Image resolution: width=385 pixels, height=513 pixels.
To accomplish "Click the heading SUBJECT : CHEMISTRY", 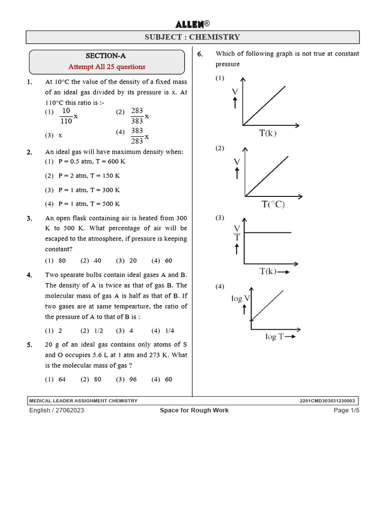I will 192,37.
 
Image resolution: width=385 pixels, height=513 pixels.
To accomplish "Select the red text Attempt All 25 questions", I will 107,67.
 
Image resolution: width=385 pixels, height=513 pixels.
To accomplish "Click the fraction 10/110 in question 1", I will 66,116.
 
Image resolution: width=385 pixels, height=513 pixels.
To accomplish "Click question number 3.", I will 30,218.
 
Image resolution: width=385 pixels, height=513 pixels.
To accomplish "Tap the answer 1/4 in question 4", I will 169,331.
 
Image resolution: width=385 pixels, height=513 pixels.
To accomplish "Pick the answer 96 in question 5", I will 133,379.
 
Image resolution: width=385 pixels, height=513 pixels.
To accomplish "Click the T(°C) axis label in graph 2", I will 273,204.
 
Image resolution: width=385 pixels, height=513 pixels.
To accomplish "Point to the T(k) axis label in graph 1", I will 268,133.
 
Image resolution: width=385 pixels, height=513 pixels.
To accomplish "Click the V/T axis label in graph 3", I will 237,233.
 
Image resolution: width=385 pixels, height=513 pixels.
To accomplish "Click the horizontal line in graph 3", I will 268,232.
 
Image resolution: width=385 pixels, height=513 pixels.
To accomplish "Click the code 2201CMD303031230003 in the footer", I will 327,401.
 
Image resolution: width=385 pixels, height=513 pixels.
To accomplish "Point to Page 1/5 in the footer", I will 346,410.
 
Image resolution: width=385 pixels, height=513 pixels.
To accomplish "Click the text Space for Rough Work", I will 194,410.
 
